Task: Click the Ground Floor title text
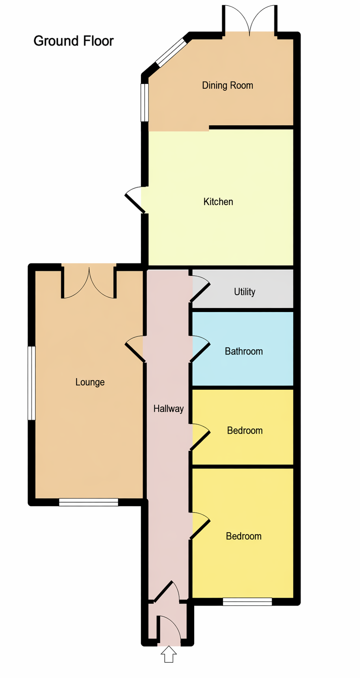[x=74, y=41]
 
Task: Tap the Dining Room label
[x=228, y=85]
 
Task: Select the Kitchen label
[x=218, y=202]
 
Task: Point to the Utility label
[x=245, y=292]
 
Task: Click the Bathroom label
[x=244, y=351]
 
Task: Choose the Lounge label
[x=90, y=382]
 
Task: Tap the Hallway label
[x=169, y=409]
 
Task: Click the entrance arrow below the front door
[x=169, y=654]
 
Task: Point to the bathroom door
[x=200, y=349]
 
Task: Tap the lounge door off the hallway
[x=135, y=349]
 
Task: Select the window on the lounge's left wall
[x=32, y=383]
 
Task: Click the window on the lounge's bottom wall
[x=89, y=502]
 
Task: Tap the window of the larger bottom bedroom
[x=247, y=602]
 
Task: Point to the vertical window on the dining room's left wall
[x=145, y=102]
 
